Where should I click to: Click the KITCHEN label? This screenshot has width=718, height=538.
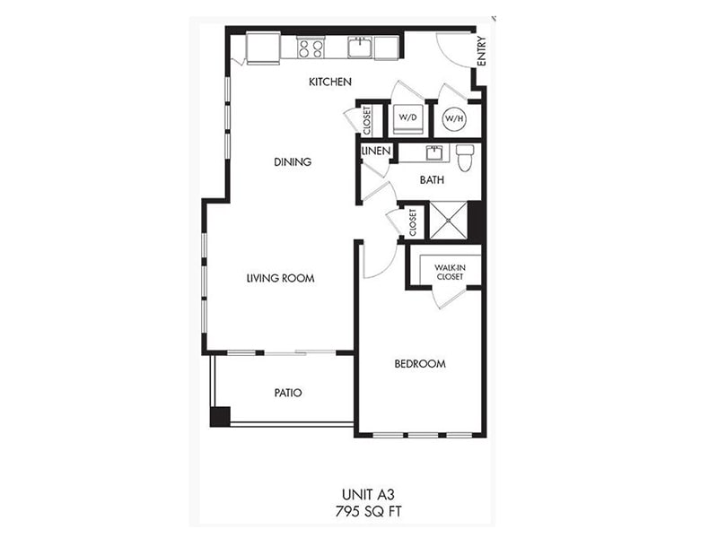[329, 82]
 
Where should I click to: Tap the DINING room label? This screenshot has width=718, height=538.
[293, 162]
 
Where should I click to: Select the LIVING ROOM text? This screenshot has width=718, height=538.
[280, 278]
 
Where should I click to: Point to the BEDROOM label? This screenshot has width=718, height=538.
[420, 364]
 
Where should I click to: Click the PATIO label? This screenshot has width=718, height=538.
[287, 393]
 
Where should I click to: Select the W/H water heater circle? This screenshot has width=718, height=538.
[455, 117]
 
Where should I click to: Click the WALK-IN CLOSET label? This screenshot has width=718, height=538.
[449, 272]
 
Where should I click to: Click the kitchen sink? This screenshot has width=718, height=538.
[361, 46]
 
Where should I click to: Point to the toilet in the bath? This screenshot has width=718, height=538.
[464, 157]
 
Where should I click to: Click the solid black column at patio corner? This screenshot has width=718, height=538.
[220, 416]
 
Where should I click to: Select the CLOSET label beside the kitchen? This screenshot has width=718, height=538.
[367, 119]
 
